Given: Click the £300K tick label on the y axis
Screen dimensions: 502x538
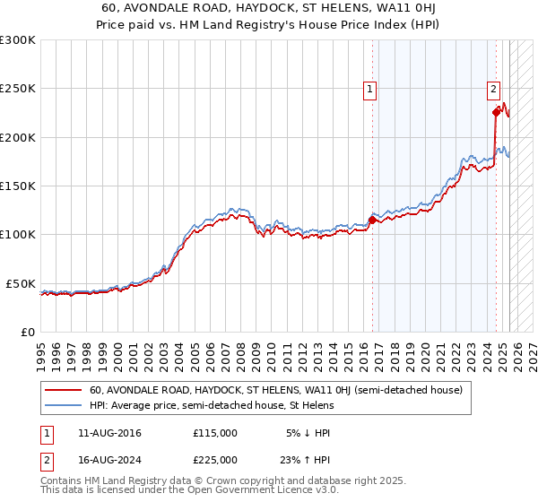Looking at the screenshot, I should (18, 40).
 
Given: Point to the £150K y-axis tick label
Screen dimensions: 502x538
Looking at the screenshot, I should (18, 186).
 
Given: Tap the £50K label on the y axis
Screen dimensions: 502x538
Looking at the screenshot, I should (21, 283).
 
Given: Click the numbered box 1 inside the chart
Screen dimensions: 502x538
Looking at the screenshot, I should (369, 88).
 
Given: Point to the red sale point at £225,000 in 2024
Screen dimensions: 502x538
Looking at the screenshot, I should (496, 113).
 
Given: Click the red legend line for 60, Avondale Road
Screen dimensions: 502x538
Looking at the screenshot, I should (63, 391).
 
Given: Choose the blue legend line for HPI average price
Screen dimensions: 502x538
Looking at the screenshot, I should (63, 405).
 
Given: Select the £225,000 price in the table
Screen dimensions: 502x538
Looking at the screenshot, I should (214, 460).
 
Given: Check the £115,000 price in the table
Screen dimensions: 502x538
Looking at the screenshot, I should (214, 433).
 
